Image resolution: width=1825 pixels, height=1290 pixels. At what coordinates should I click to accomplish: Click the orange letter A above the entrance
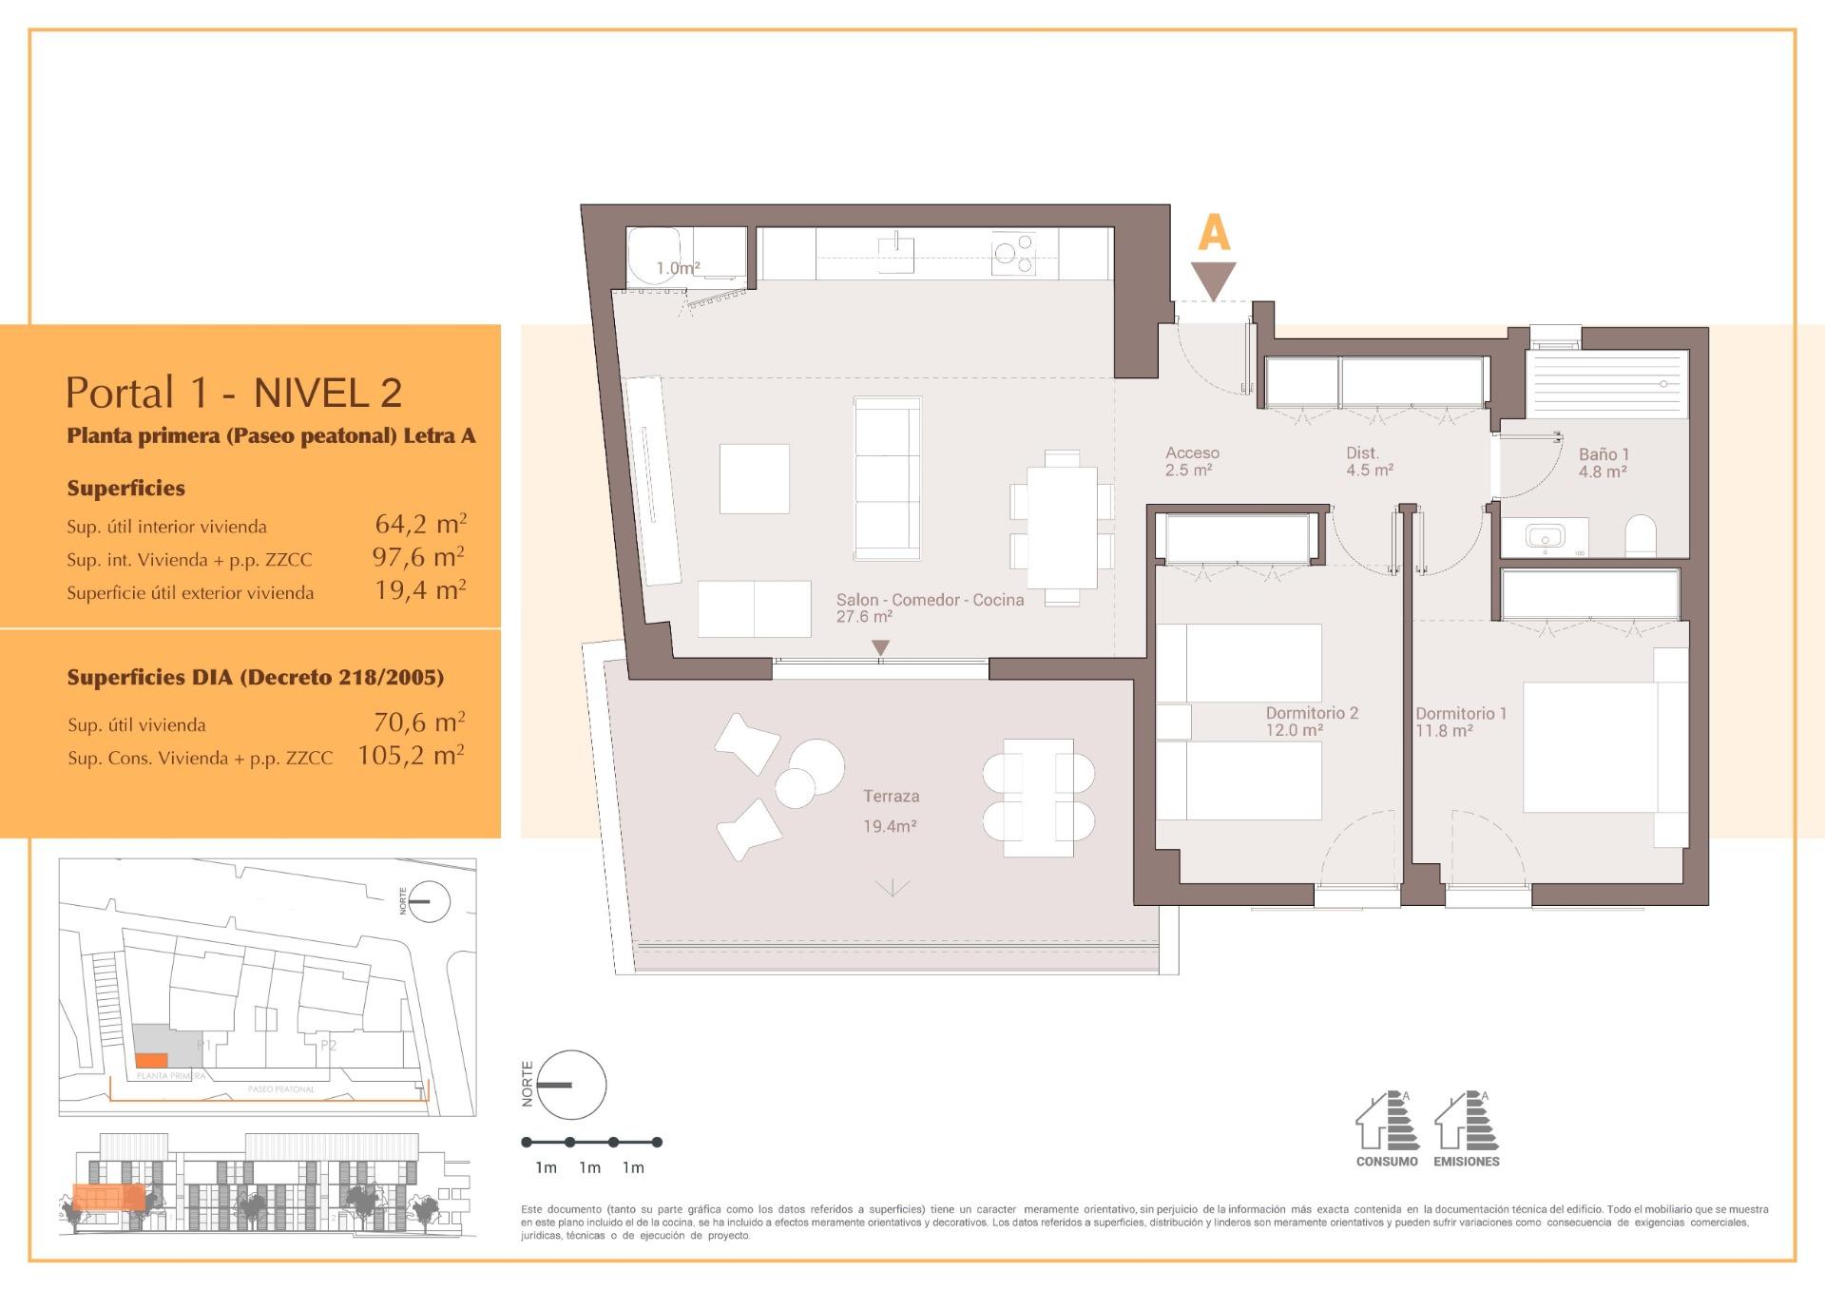(1214, 233)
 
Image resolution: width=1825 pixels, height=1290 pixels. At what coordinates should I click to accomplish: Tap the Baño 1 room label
(1604, 463)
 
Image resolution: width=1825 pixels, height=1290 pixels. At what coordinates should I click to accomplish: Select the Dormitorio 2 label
(1312, 721)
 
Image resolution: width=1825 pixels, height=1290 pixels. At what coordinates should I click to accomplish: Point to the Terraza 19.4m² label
(891, 811)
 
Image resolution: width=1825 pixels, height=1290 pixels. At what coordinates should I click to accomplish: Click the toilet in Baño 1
(1641, 537)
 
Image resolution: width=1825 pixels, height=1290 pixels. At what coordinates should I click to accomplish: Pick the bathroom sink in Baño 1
(1545, 537)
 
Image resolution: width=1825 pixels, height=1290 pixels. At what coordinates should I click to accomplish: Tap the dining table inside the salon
(1062, 528)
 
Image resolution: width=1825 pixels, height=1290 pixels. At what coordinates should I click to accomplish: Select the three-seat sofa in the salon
(888, 478)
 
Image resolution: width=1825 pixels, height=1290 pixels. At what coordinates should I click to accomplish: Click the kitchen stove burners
(1013, 254)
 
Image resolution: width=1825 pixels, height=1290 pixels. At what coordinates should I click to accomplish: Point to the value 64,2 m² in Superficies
(420, 524)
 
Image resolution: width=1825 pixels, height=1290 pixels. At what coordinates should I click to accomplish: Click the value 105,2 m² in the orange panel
(411, 756)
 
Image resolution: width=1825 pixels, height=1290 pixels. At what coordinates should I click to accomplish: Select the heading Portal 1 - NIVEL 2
(234, 393)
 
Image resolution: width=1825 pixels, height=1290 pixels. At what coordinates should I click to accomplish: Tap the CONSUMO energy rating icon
(1387, 1126)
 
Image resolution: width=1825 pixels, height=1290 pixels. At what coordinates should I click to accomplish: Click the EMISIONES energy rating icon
(1466, 1126)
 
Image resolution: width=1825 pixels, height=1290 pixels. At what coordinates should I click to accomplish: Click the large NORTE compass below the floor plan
(570, 1085)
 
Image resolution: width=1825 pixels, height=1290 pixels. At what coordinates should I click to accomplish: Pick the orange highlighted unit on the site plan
(150, 1061)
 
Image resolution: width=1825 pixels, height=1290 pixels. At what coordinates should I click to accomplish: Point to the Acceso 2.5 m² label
(1192, 461)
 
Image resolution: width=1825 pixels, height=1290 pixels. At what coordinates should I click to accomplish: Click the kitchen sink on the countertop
(895, 253)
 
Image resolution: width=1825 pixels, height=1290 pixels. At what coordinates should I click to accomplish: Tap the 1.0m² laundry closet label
(678, 269)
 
